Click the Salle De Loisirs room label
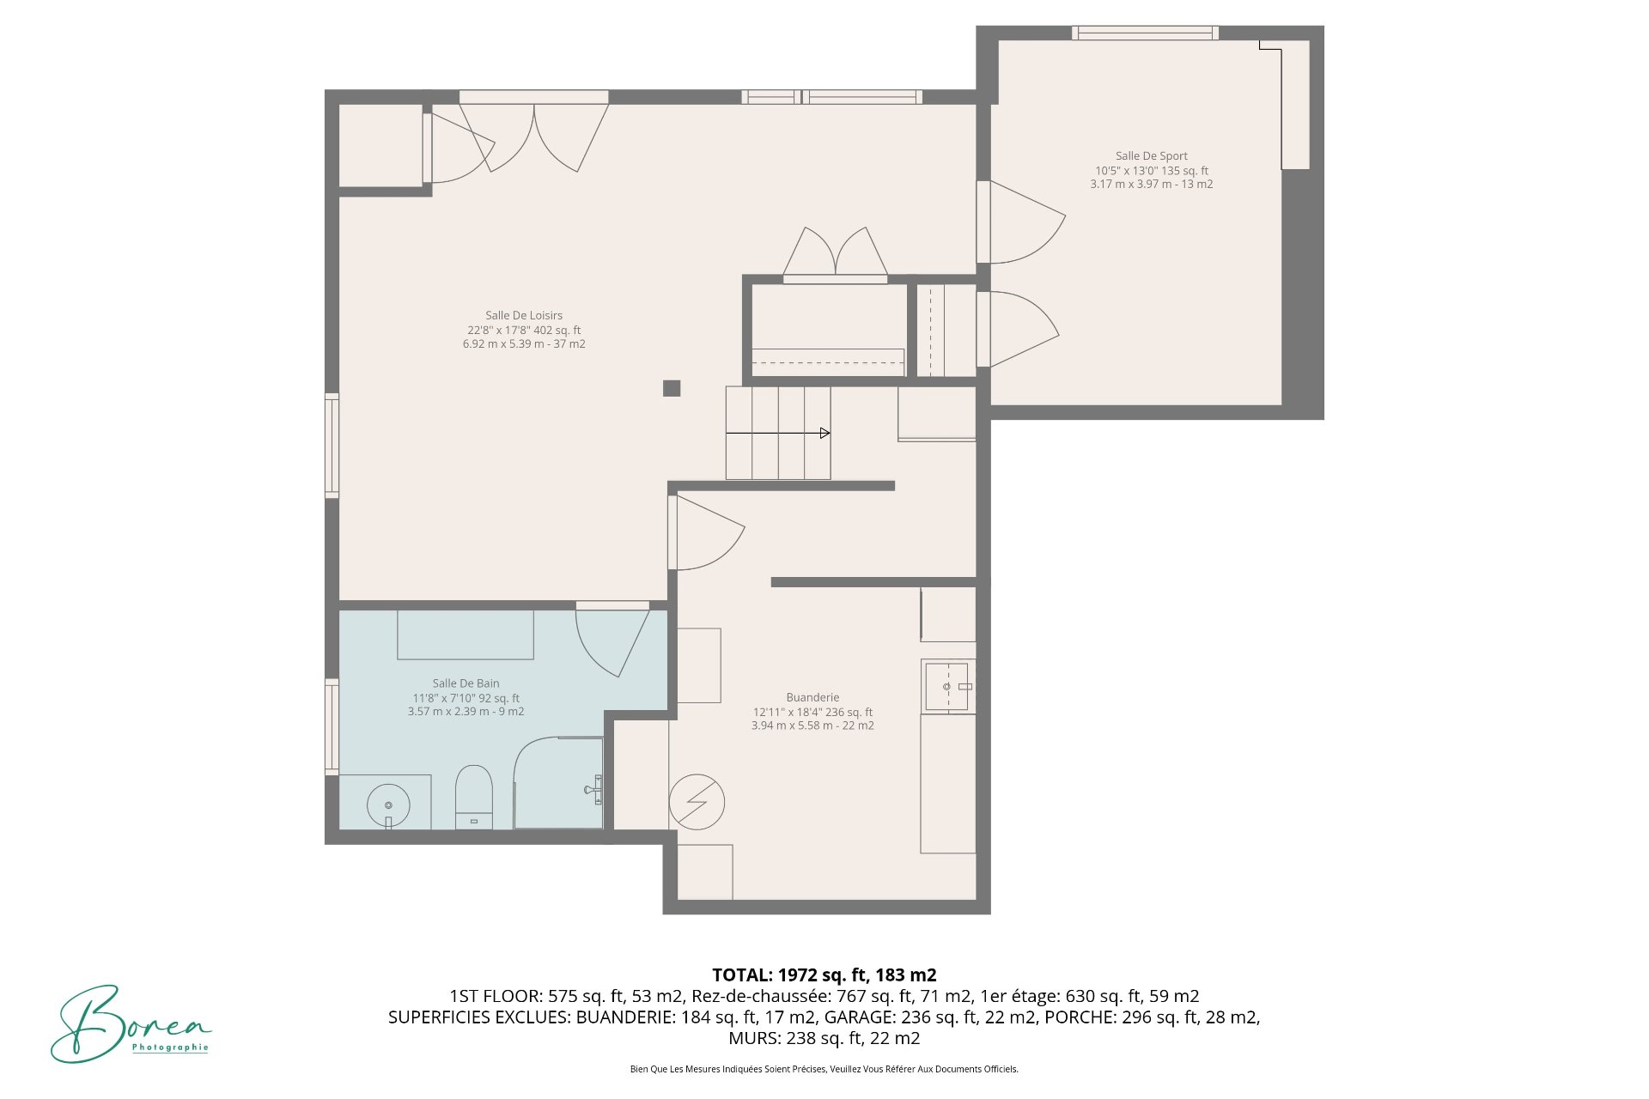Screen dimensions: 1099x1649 (x=524, y=316)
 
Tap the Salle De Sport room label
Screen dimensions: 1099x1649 (x=1151, y=156)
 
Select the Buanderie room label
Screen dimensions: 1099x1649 (x=812, y=698)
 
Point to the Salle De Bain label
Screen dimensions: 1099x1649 (x=465, y=683)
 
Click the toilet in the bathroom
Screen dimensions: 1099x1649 (x=473, y=797)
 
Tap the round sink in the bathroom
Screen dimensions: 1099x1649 (x=388, y=805)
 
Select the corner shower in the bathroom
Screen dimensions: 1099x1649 (x=558, y=783)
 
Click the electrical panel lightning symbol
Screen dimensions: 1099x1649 (x=697, y=802)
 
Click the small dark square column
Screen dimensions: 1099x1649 (x=672, y=388)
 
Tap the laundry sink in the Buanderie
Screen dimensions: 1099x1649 (x=946, y=686)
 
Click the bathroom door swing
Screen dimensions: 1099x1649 (x=612, y=640)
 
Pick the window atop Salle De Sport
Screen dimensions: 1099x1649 (x=1145, y=33)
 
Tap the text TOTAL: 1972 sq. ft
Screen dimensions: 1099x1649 (x=824, y=975)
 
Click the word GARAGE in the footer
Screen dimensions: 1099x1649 (x=855, y=1017)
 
